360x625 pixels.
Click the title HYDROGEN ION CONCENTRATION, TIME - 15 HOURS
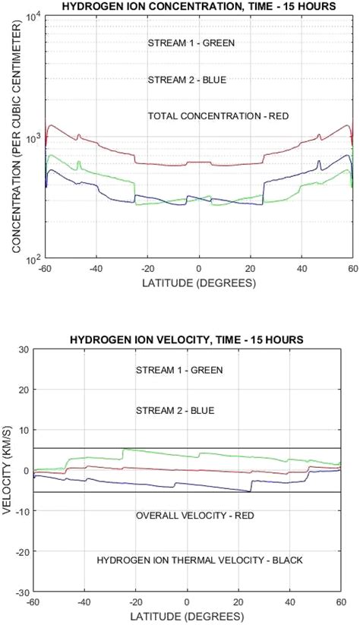[x=198, y=7]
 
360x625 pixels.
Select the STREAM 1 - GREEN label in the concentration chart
[x=191, y=43]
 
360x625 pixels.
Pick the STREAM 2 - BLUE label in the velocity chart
[x=175, y=410]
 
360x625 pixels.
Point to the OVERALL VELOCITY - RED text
[x=194, y=516]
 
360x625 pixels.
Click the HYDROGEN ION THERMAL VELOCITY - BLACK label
[x=200, y=560]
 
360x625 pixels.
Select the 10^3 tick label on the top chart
[x=33, y=139]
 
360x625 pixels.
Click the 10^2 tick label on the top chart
[x=33, y=260]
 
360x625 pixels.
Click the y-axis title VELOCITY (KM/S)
[x=9, y=470]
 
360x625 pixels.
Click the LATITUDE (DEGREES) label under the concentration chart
[x=198, y=283]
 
